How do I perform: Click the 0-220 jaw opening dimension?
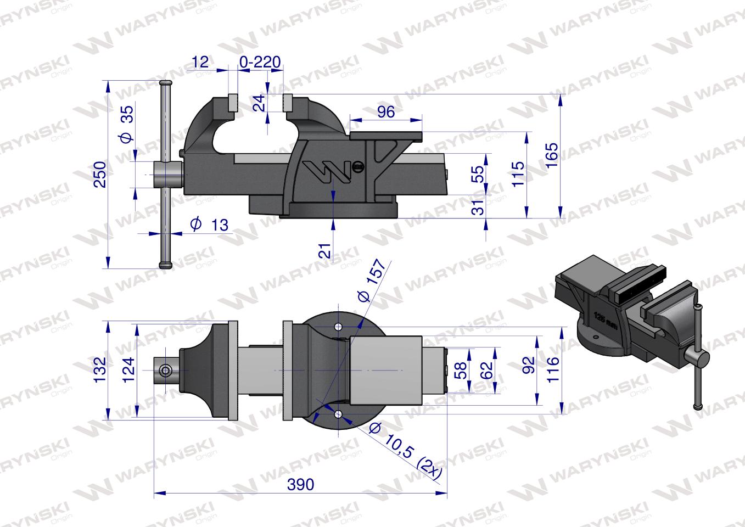pos(261,61)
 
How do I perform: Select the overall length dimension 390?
pos(300,484)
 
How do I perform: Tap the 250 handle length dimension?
pos(99,175)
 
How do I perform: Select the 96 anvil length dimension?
pos(386,112)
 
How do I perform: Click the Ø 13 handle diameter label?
pos(209,224)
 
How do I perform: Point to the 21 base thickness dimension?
pos(325,251)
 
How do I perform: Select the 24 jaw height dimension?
pos(259,103)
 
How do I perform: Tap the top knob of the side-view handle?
pos(166,83)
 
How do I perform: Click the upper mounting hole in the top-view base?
pos(339,327)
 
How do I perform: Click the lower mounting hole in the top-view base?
pos(339,415)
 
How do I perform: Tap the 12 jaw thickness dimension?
pos(201,61)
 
